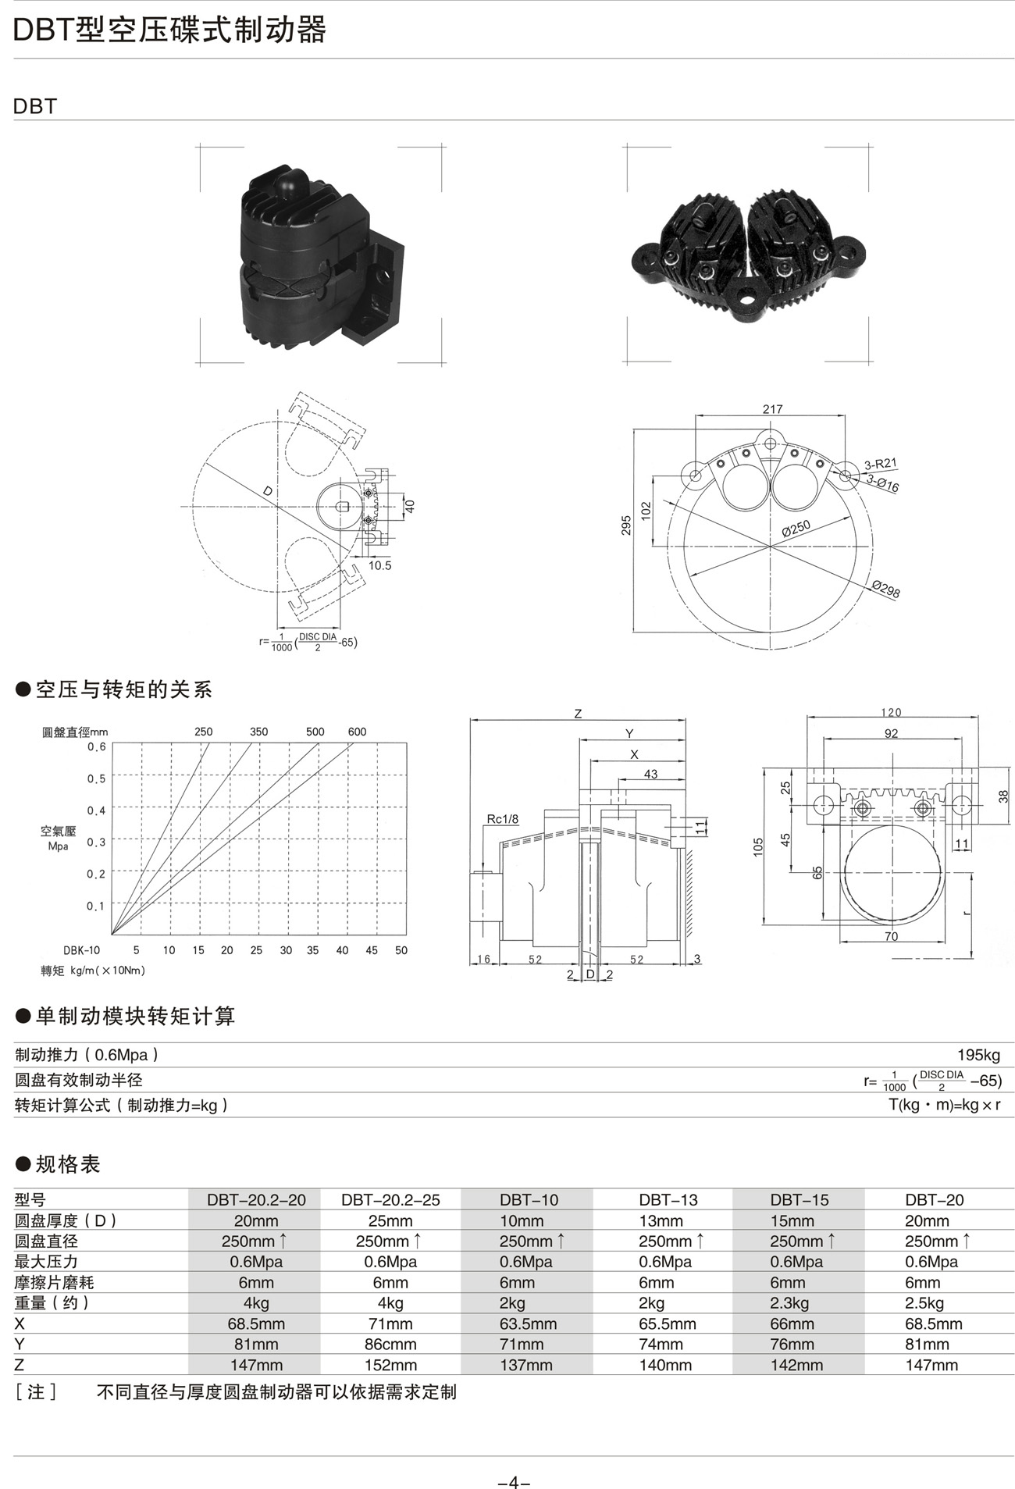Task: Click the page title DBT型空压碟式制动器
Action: [x=169, y=30]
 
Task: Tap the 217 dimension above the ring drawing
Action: [x=772, y=409]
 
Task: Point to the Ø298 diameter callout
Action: [x=886, y=589]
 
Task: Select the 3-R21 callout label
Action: [x=880, y=465]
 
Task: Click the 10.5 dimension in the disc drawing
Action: [x=379, y=565]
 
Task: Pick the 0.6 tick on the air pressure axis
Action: [x=97, y=746]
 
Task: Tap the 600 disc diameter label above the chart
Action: [x=357, y=732]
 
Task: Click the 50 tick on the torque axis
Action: [x=401, y=950]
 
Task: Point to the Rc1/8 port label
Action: [x=503, y=819]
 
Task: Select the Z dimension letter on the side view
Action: [x=578, y=714]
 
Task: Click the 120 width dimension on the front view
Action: [x=891, y=712]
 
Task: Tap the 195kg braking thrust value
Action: [x=979, y=1055]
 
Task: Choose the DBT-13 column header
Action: [x=668, y=1199]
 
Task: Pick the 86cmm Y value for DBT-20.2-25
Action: [x=390, y=1344]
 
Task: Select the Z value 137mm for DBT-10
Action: [x=526, y=1365]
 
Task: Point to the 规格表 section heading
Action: [x=68, y=1164]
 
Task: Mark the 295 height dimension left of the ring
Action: [x=626, y=525]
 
